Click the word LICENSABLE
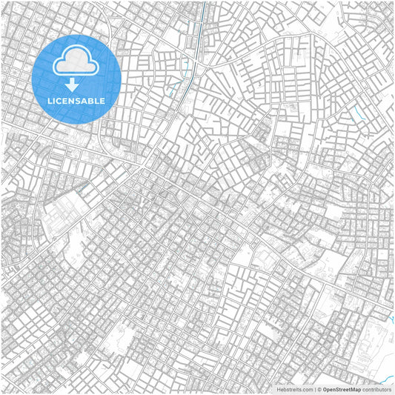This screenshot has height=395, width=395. tap(77, 101)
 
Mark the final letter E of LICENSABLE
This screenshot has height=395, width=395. tap(102, 101)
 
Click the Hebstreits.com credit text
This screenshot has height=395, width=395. tap(294, 389)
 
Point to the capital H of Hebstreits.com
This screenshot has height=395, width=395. tap(278, 389)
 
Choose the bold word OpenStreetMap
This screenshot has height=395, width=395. tap(342, 389)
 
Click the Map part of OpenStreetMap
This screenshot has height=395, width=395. tap(355, 389)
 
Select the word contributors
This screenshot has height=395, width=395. tap(376, 389)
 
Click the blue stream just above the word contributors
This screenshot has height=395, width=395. tap(390, 319)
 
